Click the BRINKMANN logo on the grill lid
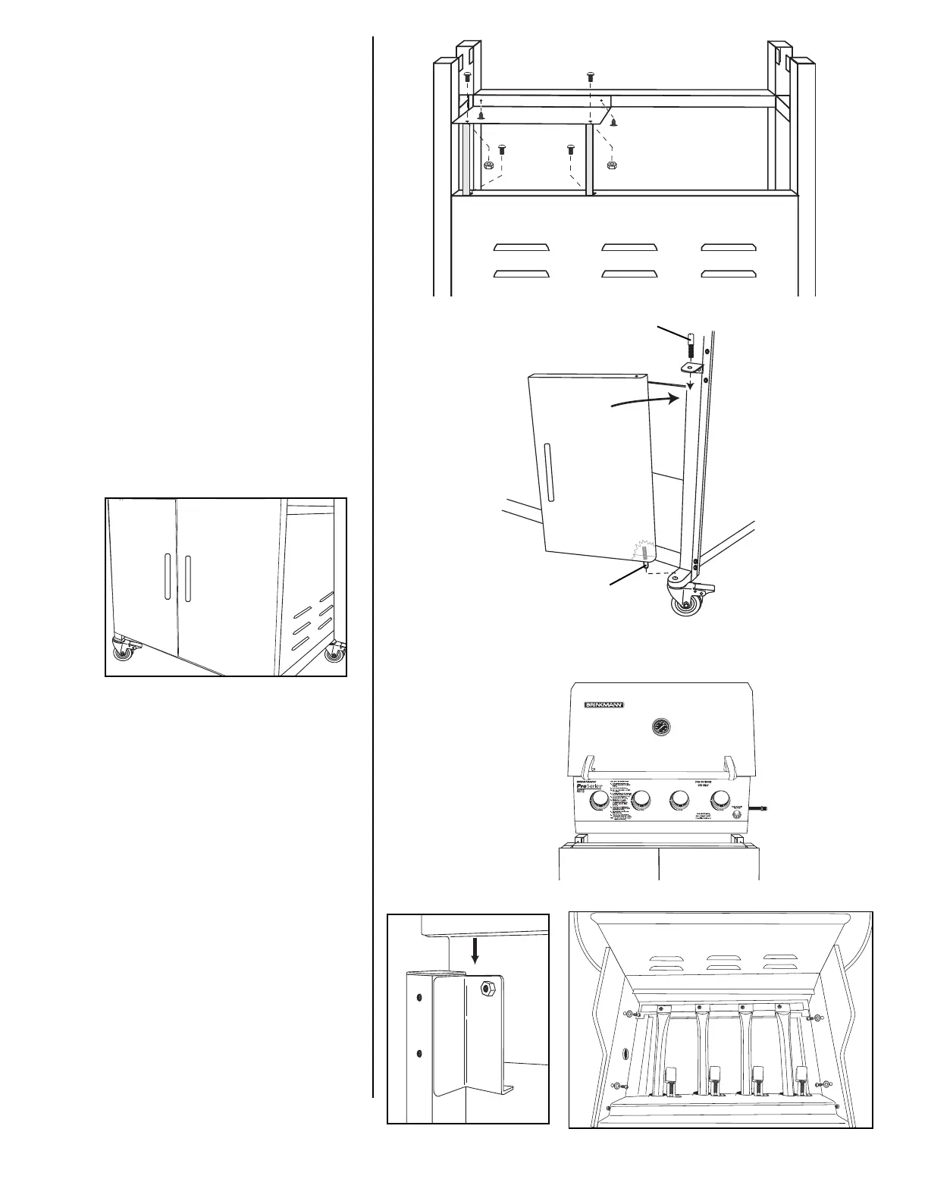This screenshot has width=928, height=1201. point(604,705)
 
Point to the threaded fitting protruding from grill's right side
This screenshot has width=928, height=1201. point(763,809)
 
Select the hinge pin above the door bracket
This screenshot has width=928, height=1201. point(691,347)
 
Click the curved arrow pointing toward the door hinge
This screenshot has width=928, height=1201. point(644,400)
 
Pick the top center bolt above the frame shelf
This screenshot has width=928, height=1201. point(591,77)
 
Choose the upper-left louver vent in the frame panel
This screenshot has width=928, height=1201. point(522,247)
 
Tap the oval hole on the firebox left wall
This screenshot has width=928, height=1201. point(625,1055)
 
